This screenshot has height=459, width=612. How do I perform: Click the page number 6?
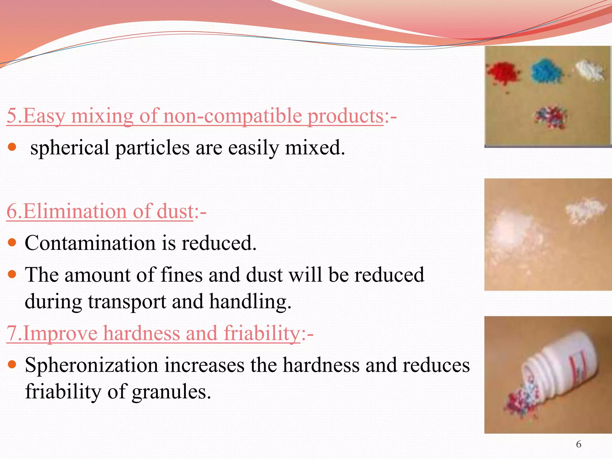[x=579, y=444]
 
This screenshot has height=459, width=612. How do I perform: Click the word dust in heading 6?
[x=175, y=212]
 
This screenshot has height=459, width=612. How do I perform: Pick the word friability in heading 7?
[x=262, y=333]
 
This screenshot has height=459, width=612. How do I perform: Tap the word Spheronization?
[x=91, y=365]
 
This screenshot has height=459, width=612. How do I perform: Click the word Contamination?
[x=90, y=243]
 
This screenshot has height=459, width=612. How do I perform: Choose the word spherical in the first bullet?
[x=70, y=148]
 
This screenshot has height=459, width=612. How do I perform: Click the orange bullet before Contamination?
[x=12, y=242]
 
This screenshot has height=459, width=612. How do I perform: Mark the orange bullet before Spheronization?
[x=12, y=365]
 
